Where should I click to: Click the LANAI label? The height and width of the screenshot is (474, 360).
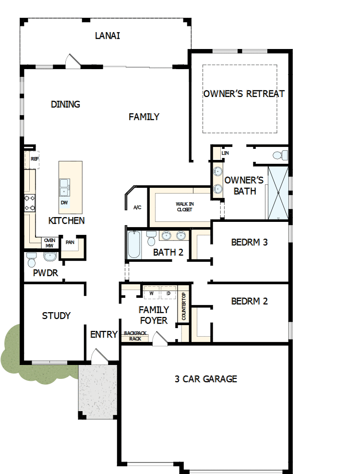[x=107, y=36]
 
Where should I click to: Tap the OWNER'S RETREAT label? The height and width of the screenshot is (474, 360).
[x=244, y=94]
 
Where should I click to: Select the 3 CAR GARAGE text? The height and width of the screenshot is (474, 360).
[x=205, y=379]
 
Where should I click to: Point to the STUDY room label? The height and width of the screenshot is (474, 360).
[x=56, y=316]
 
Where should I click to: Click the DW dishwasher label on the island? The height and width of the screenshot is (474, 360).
[x=64, y=203]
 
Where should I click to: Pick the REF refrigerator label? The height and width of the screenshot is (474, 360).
[x=34, y=158]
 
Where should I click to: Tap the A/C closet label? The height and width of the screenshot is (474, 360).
[x=137, y=207]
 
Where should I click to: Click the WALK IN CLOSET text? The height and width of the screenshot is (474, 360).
[x=184, y=207]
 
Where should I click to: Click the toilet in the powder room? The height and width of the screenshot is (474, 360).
[x=32, y=260]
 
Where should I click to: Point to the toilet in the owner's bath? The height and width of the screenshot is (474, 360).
[x=280, y=155]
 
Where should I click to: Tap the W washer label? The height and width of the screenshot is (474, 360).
[x=151, y=293]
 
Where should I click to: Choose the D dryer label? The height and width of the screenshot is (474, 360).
[x=168, y=293]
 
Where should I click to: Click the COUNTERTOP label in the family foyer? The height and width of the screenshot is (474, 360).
[x=183, y=307]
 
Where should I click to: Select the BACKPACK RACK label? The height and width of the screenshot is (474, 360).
[x=134, y=335]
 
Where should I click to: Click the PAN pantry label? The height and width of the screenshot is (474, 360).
[x=70, y=243]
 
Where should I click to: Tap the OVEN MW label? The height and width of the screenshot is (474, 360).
[x=49, y=243]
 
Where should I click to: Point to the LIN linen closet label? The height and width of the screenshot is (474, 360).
[x=225, y=153]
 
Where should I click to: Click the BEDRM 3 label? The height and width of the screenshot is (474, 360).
[x=249, y=242]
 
